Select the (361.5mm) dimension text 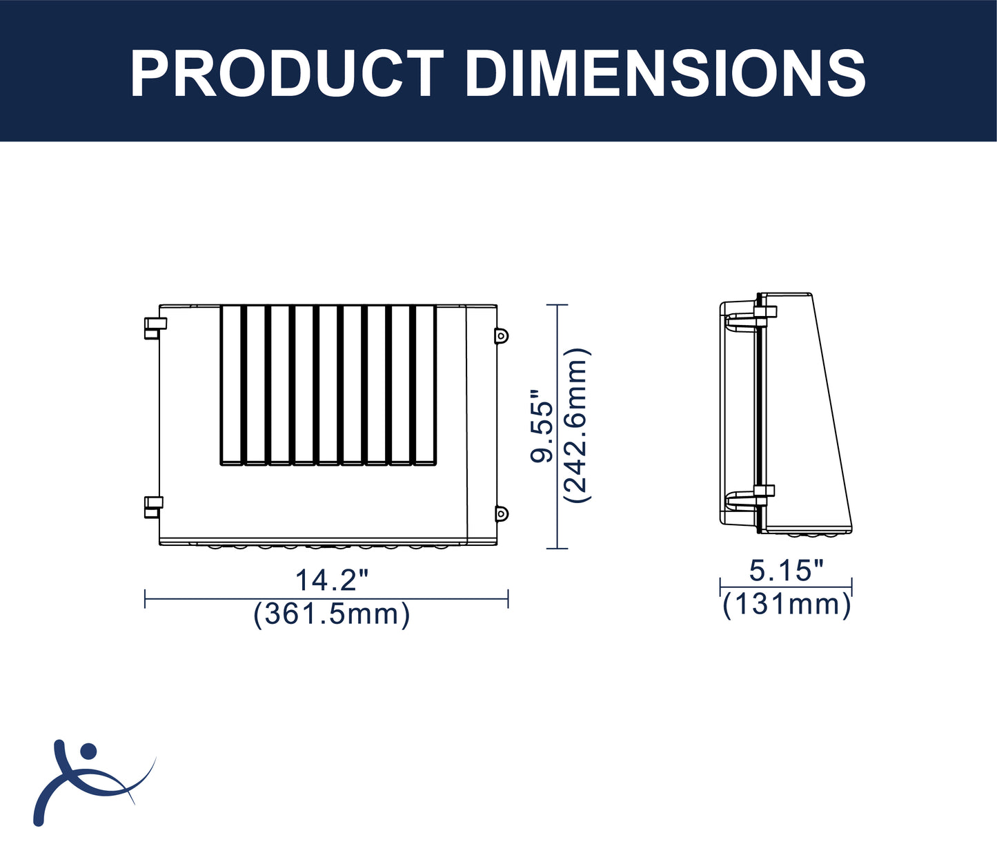click(x=332, y=614)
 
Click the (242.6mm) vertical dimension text click(x=577, y=425)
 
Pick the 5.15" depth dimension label click(x=787, y=571)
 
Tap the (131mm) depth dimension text click(x=787, y=605)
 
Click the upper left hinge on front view click(x=155, y=328)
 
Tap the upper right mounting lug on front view click(x=502, y=335)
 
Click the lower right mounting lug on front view click(x=502, y=513)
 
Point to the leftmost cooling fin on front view click(x=231, y=384)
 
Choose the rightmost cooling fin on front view click(x=425, y=384)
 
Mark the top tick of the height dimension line click(x=557, y=304)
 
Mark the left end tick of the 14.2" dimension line click(x=145, y=598)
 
